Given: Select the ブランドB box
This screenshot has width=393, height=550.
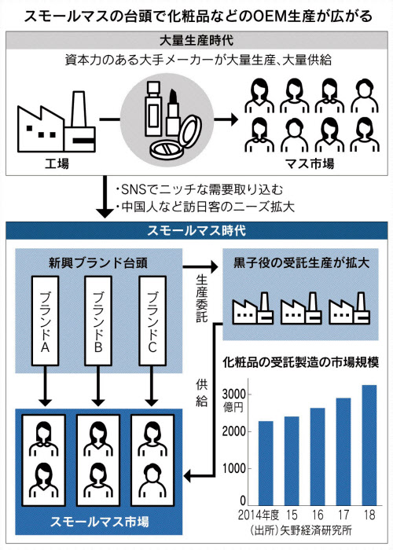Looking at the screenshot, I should [97, 322].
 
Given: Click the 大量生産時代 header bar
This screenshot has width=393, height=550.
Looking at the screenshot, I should [196, 39].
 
